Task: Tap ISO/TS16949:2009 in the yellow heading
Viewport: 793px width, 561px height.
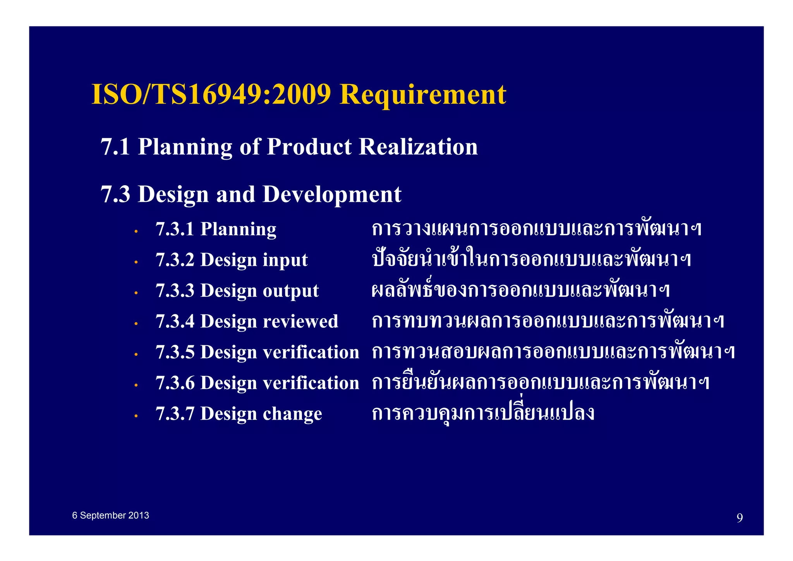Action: tap(211, 95)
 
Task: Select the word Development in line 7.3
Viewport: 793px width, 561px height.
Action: tap(332, 194)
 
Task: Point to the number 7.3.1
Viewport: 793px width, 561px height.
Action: tap(175, 229)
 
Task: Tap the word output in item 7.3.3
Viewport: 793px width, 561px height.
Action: tap(290, 291)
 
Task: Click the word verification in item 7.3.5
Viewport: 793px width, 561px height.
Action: tap(311, 352)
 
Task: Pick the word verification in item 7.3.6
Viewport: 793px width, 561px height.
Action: tap(311, 383)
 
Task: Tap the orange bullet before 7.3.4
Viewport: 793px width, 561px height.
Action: tap(136, 324)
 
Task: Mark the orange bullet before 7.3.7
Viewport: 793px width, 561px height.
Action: tap(136, 416)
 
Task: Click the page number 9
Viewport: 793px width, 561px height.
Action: tap(740, 518)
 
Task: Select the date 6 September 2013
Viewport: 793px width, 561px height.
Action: tap(110, 515)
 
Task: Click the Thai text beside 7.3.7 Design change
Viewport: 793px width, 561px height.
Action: tap(483, 413)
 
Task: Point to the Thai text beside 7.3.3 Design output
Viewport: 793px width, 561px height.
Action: tap(520, 290)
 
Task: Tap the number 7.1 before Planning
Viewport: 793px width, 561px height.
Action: tap(115, 147)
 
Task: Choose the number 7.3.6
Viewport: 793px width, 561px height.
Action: tap(175, 383)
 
